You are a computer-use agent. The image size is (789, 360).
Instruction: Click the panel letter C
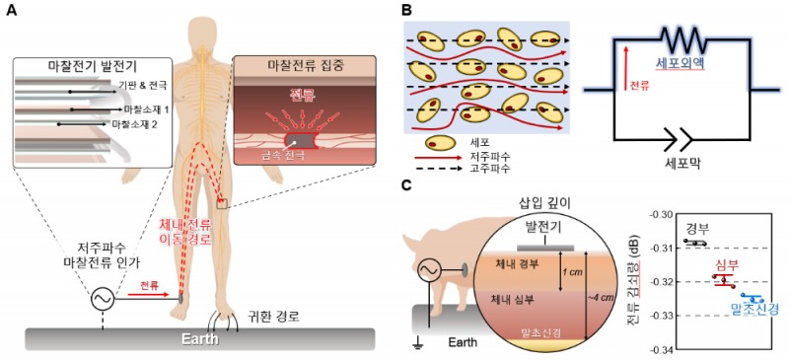tap(406, 183)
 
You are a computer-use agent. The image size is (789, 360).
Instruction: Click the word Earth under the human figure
tap(195, 338)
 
